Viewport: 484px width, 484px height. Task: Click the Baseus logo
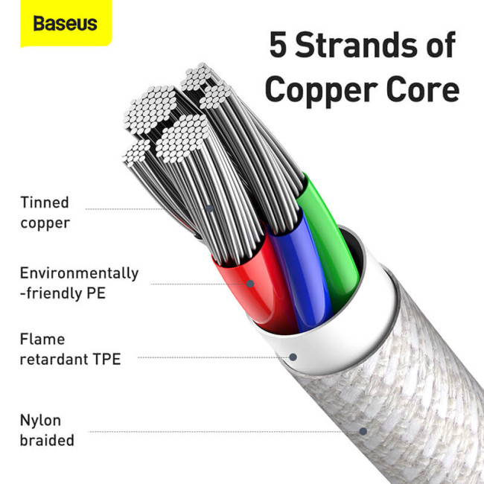(64, 23)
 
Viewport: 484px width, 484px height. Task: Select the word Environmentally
(79, 273)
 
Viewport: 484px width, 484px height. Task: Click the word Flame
(43, 340)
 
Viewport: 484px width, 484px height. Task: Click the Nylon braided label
(46, 430)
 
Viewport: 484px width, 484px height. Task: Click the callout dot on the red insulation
(250, 284)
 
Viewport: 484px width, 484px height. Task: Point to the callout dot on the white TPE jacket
(293, 357)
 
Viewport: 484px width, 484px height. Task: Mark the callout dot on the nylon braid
(363, 430)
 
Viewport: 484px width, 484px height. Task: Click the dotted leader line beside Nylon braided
(223, 430)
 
